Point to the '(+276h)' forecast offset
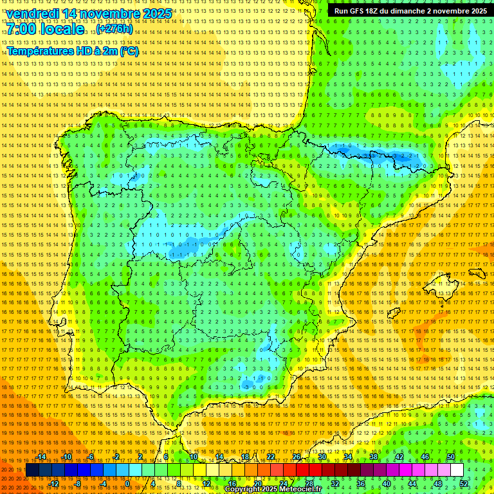coord(114,29)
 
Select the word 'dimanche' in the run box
coord(422,11)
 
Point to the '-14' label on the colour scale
coord(41,457)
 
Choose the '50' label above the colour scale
coord(451,457)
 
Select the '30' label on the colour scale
coord(322,457)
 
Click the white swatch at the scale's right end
coord(457,470)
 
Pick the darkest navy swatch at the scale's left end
coord(32,470)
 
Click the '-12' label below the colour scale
coord(54,484)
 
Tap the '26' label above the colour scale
coord(296,457)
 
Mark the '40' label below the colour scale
coord(387,484)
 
